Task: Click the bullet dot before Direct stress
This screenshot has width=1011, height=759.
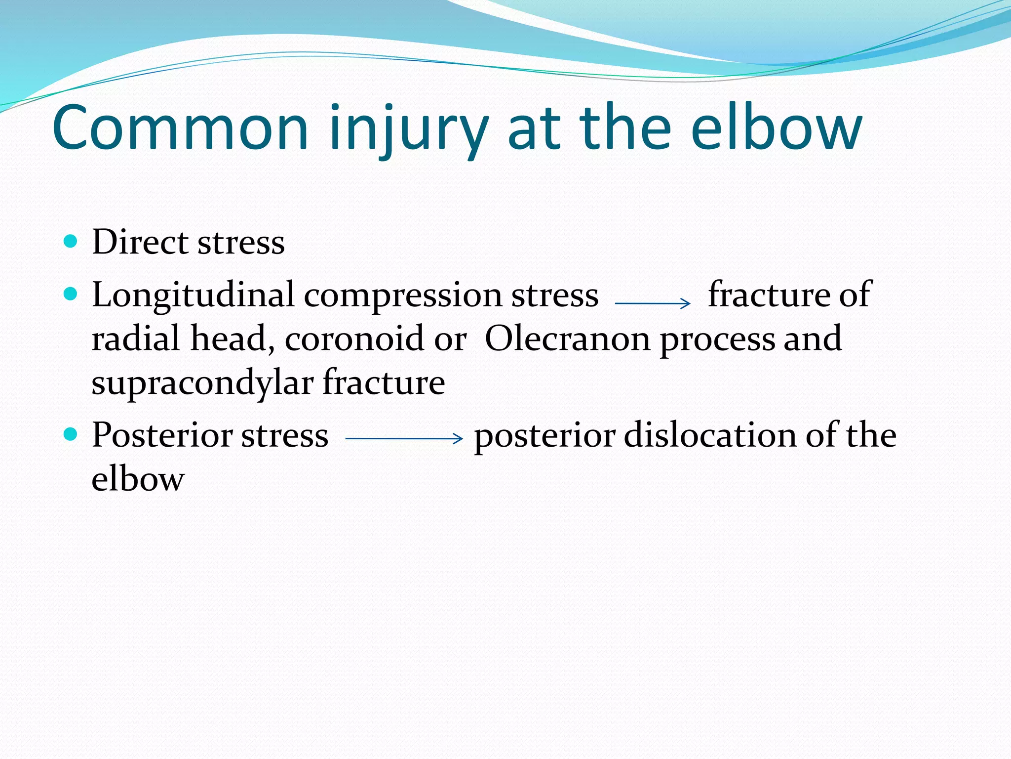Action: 71,241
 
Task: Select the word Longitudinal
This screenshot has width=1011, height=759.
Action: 193,295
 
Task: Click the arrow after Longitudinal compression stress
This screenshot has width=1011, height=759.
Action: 653,303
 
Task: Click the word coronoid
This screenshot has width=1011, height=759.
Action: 354,339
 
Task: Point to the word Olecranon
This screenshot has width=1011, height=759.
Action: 567,339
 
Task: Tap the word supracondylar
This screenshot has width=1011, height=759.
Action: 202,383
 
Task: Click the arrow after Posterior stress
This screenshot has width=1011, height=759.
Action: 404,438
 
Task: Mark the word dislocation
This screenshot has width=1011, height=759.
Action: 710,436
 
